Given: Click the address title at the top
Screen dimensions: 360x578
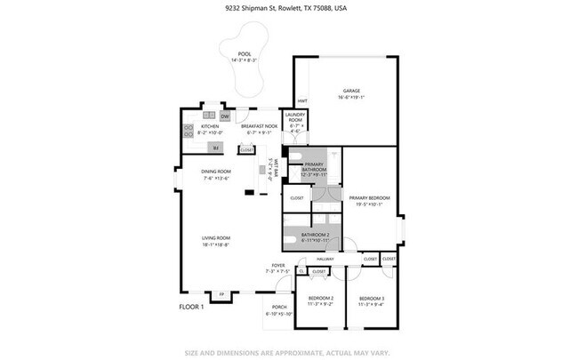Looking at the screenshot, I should [x=288, y=9].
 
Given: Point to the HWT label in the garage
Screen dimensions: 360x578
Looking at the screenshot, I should [x=302, y=100].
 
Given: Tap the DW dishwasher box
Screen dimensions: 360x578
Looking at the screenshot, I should [x=225, y=116].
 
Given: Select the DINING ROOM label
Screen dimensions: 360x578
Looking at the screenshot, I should [x=216, y=174].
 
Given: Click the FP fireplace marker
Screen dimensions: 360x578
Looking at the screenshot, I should [x=221, y=292].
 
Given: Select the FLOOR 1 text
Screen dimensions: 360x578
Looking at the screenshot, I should [x=192, y=307].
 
